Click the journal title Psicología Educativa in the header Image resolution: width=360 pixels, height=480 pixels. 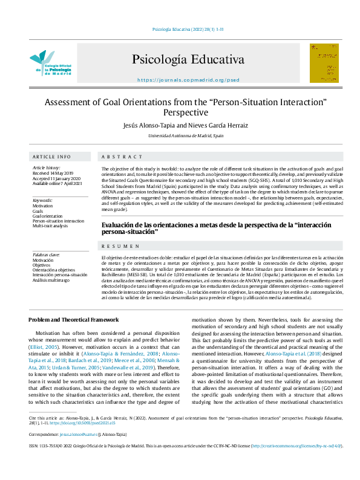(x=188, y=60)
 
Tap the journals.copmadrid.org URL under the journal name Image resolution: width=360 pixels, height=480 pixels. (x=188, y=80)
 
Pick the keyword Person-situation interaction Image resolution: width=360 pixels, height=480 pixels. (x=59, y=221)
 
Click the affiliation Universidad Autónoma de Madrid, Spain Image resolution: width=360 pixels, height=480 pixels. (x=186, y=137)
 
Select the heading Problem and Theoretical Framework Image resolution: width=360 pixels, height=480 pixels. (x=74, y=320)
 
